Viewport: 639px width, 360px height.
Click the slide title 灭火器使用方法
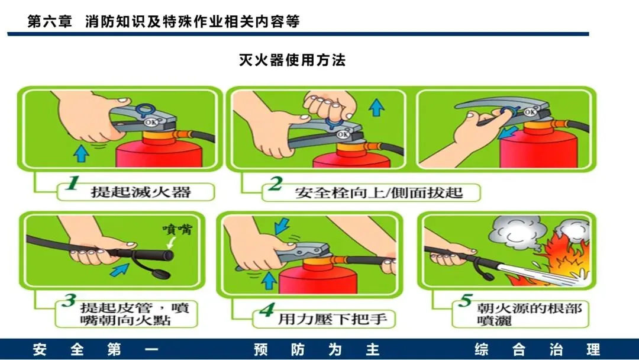pos(292,60)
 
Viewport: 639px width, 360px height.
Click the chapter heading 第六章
pos(50,21)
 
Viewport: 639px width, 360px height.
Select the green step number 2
pos(276,184)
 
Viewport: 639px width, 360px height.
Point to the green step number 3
pos(69,301)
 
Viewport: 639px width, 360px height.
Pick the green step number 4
pos(267,310)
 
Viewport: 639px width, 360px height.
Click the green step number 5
pos(466,300)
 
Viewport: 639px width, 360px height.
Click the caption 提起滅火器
pos(141,192)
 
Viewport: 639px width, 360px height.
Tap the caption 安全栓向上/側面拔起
pos(379,192)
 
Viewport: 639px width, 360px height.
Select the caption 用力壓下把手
pos(332,319)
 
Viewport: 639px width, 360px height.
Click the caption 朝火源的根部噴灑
pos(529,314)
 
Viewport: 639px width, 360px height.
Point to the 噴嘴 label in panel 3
pos(177,229)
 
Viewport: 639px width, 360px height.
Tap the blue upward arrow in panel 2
pos(376,107)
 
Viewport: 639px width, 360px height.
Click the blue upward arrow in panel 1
pos(82,154)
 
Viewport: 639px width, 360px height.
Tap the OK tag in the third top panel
pos(530,112)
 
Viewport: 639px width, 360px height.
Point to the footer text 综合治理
pos(537,349)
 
